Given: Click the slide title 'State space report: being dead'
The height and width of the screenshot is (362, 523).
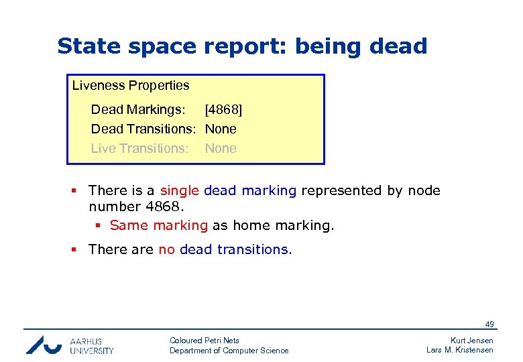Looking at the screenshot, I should pos(242,46).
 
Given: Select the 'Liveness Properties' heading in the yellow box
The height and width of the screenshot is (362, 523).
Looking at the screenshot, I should pos(131,86).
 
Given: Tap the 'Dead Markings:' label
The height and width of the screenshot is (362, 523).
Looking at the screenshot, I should pos(138,109).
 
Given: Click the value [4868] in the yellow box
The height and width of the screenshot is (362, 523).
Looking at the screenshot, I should pos(223,109).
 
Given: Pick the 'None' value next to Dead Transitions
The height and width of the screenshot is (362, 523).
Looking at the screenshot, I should pos(221,129).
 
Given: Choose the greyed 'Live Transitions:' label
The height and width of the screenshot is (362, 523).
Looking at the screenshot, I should pos(139,148).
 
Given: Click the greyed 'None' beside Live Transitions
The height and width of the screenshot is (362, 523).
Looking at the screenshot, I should pos(221,148).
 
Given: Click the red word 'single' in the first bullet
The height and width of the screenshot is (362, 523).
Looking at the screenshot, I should pos(179,190).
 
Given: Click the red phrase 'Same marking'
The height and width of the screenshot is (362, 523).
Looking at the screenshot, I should pos(159,225).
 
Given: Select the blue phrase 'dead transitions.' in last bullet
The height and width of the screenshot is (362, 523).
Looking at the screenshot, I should pos(236,249).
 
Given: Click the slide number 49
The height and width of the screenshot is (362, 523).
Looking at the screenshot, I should pos(490,324).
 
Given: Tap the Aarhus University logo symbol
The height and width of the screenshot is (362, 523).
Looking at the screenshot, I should pos(43,344).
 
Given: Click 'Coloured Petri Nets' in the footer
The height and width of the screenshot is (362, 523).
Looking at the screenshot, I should pos(205,341).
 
